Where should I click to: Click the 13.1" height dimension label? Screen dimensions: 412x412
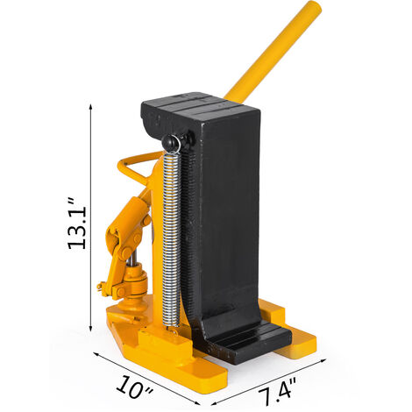pos(77,224)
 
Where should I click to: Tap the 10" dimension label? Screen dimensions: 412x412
pos(135,387)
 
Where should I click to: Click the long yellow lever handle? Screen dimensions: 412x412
pos(273,52)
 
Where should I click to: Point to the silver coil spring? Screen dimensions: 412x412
pos(171,239)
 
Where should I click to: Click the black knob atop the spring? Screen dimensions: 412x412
pos(172,143)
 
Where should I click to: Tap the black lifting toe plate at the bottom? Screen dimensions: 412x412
pos(248,339)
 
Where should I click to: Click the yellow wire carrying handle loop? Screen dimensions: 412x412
pos(133,168)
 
